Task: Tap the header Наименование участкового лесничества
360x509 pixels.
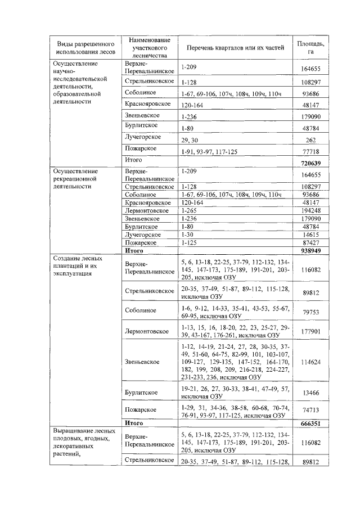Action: [x=149, y=48]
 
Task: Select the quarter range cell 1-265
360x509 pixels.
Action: [x=190, y=210]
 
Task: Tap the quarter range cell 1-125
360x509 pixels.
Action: [x=190, y=242]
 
